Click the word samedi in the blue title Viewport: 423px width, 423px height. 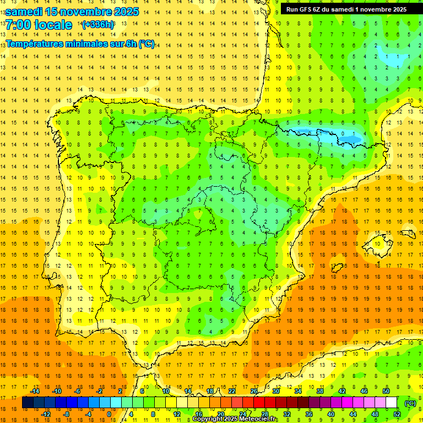tap(24, 12)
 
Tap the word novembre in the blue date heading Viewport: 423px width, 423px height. tap(86, 12)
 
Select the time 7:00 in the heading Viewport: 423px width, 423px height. tap(18, 25)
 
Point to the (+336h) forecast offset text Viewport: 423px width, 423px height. tap(97, 25)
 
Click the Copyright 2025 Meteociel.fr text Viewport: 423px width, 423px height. tap(235, 419)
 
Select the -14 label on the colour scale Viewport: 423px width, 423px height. tap(35, 391)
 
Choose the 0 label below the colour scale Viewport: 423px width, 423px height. tap(109, 414)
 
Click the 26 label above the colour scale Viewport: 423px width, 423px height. tap(254, 391)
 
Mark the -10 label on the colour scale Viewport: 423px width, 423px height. tap(57, 391)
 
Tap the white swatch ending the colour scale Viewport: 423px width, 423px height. tap(391, 403)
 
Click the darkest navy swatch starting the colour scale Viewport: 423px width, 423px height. tap(28, 403)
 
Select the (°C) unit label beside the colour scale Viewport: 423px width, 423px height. tap(410, 403)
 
